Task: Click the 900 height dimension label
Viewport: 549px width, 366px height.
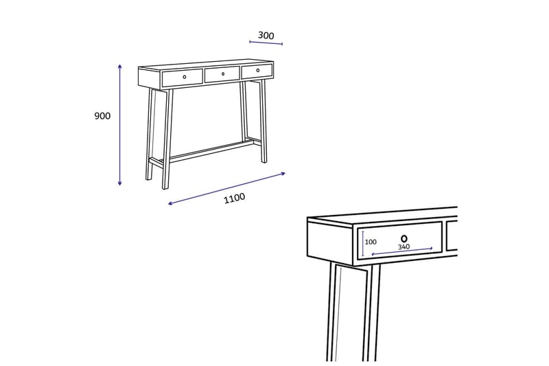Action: click(102, 116)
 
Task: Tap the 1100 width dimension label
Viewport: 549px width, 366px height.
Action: click(234, 198)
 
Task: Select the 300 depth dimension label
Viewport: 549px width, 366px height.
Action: click(266, 36)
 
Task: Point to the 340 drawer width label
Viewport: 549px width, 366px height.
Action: click(404, 247)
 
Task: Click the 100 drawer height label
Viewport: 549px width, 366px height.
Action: click(371, 242)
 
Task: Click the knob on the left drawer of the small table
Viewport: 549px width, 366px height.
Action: click(184, 77)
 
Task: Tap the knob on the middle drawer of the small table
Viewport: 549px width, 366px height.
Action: click(222, 73)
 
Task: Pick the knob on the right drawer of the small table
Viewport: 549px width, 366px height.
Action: click(258, 70)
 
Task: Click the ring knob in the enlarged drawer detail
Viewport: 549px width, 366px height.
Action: click(404, 237)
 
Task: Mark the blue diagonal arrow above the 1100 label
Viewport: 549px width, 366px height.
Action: click(226, 187)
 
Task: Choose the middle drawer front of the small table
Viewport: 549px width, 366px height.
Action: click(222, 74)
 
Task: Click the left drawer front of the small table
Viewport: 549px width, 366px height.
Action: click(182, 78)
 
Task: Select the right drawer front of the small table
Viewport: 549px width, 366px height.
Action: click(257, 71)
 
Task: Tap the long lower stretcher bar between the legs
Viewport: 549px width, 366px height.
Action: click(209, 151)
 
